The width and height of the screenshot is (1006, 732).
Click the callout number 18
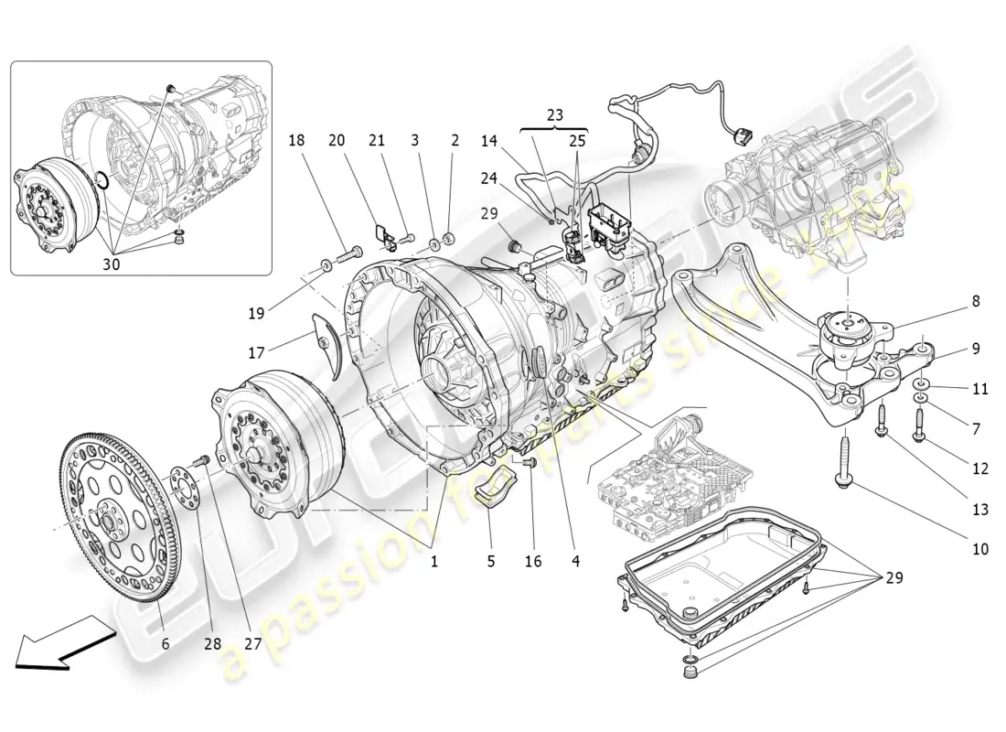coord(296,141)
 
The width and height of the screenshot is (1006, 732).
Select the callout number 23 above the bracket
coord(556,115)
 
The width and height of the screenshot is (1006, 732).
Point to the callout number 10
coord(980,550)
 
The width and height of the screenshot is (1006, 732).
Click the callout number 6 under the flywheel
coord(166,643)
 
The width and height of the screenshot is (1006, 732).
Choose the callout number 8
coord(976,300)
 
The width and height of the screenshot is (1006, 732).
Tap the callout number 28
coord(213,643)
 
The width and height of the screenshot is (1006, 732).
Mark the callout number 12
coord(980,468)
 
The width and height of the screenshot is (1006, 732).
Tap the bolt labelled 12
coord(919,423)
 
